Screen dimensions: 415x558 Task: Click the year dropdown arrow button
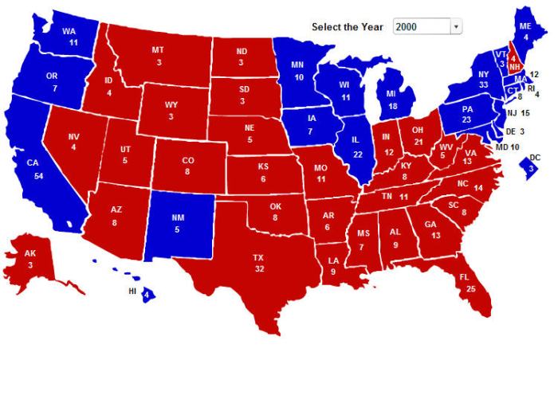coord(457,27)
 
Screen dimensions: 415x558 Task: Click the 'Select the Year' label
coord(348,27)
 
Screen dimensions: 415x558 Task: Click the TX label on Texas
coord(258,258)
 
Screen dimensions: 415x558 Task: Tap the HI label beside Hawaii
coord(133,292)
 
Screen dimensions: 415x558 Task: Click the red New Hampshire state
coord(514,60)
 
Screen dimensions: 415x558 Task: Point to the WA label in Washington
coord(69,32)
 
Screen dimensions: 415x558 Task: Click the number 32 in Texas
coord(258,269)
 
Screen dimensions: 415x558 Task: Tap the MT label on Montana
coord(158,50)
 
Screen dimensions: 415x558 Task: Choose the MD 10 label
coord(507,147)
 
